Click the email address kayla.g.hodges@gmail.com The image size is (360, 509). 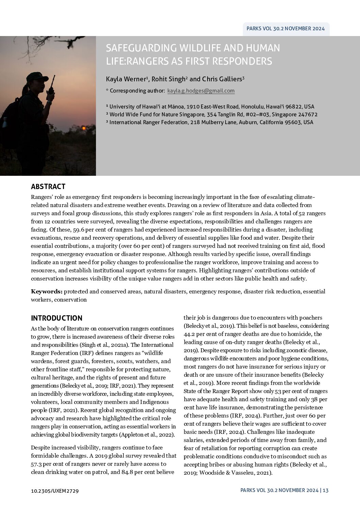(x=201, y=91)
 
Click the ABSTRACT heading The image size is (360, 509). (x=48, y=186)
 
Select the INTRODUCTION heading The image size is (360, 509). (x=56, y=318)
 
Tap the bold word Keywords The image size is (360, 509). (x=46, y=291)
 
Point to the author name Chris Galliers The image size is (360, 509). (x=223, y=79)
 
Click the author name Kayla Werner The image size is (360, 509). (x=126, y=79)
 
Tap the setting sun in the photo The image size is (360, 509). (x=83, y=128)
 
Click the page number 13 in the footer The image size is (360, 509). (x=325, y=490)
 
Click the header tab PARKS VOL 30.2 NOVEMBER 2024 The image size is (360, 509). (x=286, y=29)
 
